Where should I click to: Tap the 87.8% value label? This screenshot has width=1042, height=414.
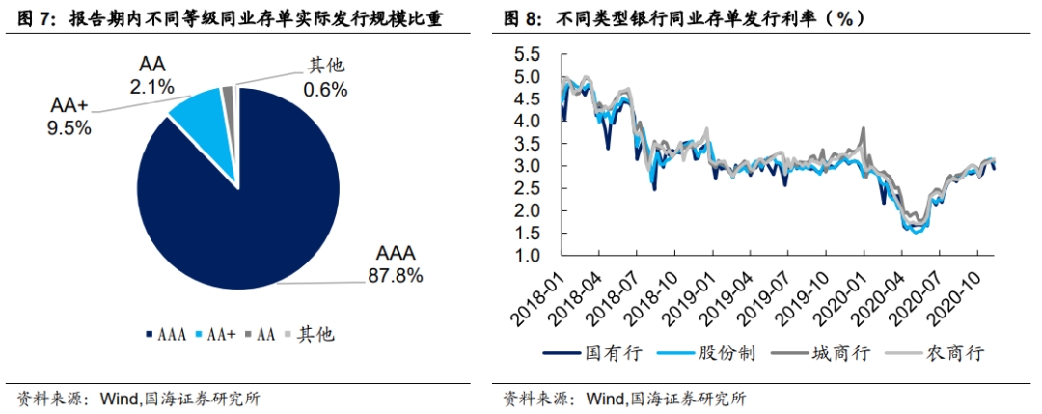(396, 275)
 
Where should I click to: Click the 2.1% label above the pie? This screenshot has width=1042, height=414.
(152, 87)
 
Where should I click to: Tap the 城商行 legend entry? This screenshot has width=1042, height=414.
(844, 353)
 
